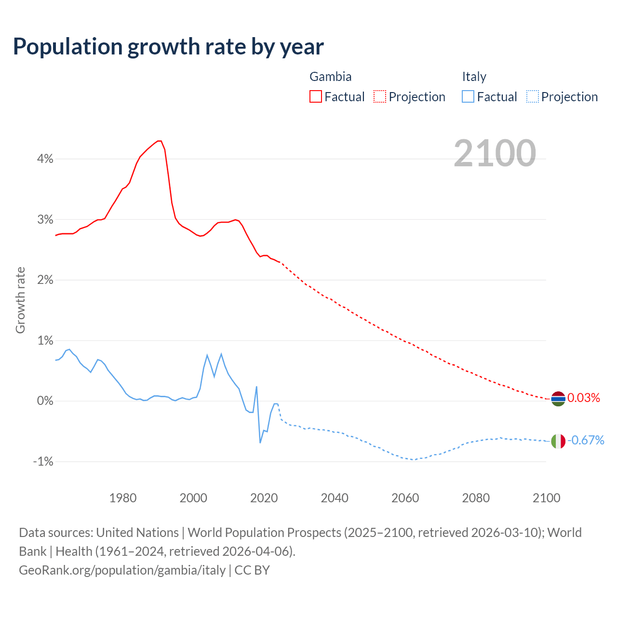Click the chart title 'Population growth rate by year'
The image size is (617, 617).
pyautogui.click(x=168, y=47)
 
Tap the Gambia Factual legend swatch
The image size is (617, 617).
pyautogui.click(x=315, y=96)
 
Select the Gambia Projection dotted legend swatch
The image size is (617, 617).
pyautogui.click(x=380, y=96)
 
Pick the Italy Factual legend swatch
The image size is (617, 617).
pyautogui.click(x=468, y=96)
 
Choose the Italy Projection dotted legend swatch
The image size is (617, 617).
pyautogui.click(x=532, y=96)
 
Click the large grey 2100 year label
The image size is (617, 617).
pyautogui.click(x=495, y=153)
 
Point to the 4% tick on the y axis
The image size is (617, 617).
pyautogui.click(x=45, y=159)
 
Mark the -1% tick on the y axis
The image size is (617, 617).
pyautogui.click(x=43, y=461)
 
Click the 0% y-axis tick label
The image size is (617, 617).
pyautogui.click(x=45, y=401)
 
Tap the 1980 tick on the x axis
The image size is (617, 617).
pyautogui.click(x=123, y=498)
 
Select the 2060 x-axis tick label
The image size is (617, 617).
pyautogui.click(x=405, y=498)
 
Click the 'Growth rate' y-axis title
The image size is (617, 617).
pyautogui.click(x=20, y=300)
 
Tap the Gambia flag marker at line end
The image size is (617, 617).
pyautogui.click(x=558, y=399)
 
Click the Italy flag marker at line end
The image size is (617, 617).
pyautogui.click(x=558, y=441)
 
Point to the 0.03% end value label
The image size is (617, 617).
pyautogui.click(x=584, y=398)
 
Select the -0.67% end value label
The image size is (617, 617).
pyautogui.click(x=586, y=440)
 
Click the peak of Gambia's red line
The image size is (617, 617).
pyautogui.click(x=159, y=141)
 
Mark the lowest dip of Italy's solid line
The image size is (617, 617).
pyautogui.click(x=260, y=443)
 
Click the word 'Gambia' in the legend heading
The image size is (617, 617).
pyautogui.click(x=330, y=77)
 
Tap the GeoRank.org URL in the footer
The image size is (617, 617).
pyautogui.click(x=122, y=570)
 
